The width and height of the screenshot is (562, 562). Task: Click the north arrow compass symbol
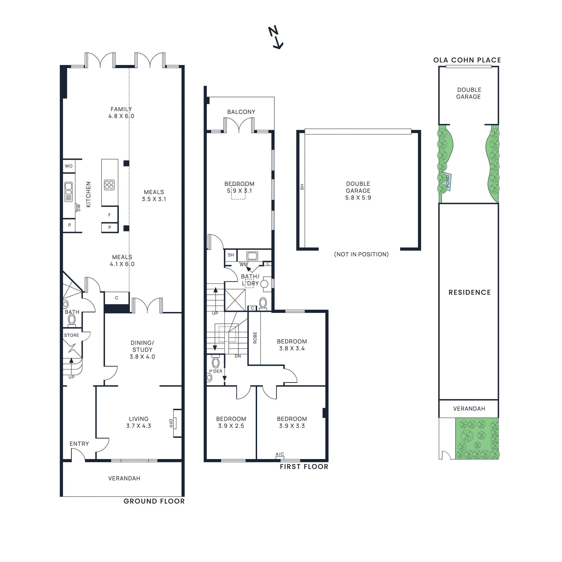pyautogui.click(x=276, y=37)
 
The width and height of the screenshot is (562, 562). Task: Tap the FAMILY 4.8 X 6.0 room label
pyautogui.click(x=121, y=112)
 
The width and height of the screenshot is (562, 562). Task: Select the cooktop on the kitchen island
pyautogui.click(x=109, y=185)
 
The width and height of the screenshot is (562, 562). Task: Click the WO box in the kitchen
pyautogui.click(x=69, y=166)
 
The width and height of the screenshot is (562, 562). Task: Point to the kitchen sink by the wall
pyautogui.click(x=68, y=192)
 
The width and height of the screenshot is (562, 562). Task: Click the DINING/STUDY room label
pyautogui.click(x=142, y=349)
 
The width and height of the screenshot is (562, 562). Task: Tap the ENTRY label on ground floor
pyautogui.click(x=79, y=444)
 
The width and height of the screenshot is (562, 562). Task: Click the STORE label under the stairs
pyautogui.click(x=71, y=335)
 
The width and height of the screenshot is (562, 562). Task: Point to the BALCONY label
pyautogui.click(x=241, y=112)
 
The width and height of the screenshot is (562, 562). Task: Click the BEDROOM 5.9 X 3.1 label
pyautogui.click(x=239, y=187)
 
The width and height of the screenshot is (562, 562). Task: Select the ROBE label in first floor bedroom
pyautogui.click(x=255, y=338)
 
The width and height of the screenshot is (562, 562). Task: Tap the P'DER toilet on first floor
pyautogui.click(x=216, y=363)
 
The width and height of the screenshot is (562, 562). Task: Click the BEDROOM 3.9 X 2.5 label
pyautogui.click(x=231, y=422)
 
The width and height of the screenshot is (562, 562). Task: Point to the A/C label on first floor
pyautogui.click(x=280, y=454)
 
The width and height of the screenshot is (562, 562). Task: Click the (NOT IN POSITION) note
pyautogui.click(x=361, y=254)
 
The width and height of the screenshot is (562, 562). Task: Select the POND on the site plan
pyautogui.click(x=448, y=181)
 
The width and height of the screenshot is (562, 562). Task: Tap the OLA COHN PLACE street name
pyautogui.click(x=467, y=60)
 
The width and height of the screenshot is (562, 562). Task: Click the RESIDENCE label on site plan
pyautogui.click(x=469, y=292)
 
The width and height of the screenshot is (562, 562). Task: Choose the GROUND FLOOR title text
pyautogui.click(x=154, y=501)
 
